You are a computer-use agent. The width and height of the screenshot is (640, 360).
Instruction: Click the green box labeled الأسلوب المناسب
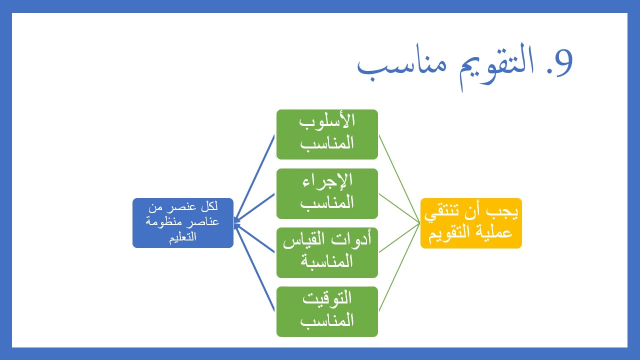[327, 134]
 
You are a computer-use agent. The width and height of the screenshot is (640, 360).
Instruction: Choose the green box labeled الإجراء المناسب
[327, 193]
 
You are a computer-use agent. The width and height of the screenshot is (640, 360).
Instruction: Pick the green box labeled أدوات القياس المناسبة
[327, 252]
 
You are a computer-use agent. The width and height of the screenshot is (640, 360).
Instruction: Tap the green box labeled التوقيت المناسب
[327, 311]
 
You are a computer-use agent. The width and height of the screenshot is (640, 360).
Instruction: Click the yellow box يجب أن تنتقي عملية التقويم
[471, 223]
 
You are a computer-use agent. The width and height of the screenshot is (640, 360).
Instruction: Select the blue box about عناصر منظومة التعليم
[183, 223]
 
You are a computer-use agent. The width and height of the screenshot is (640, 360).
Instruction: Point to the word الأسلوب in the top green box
[327, 122]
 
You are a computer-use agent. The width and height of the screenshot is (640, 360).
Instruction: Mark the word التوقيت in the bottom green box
[327, 299]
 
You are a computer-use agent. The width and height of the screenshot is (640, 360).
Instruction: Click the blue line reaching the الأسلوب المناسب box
[255, 177]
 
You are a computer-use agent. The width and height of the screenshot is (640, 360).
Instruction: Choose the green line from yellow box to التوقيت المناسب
[399, 268]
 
